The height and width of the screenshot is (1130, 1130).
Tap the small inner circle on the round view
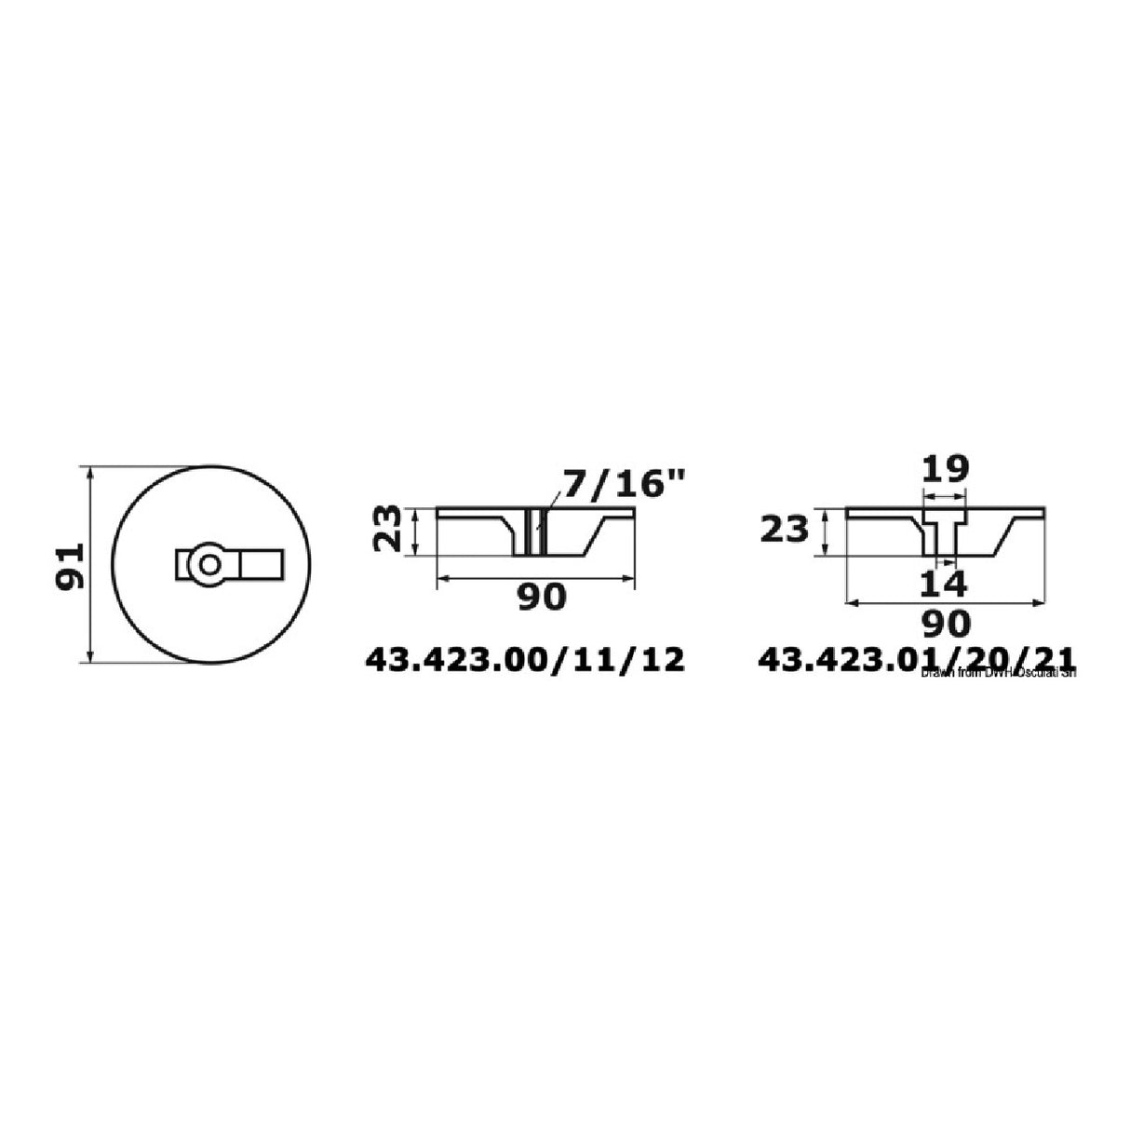click(x=206, y=564)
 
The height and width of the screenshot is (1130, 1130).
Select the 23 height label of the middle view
click(x=390, y=529)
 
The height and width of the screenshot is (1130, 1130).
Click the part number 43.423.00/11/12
click(x=525, y=660)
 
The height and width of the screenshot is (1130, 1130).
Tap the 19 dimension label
click(x=945, y=467)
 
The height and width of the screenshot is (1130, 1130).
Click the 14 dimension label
click(x=945, y=584)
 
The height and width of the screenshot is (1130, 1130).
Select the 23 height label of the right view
click(x=785, y=531)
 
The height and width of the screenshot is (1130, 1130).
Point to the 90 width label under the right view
click(x=945, y=622)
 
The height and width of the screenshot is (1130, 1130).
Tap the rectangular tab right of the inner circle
click(x=260, y=564)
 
